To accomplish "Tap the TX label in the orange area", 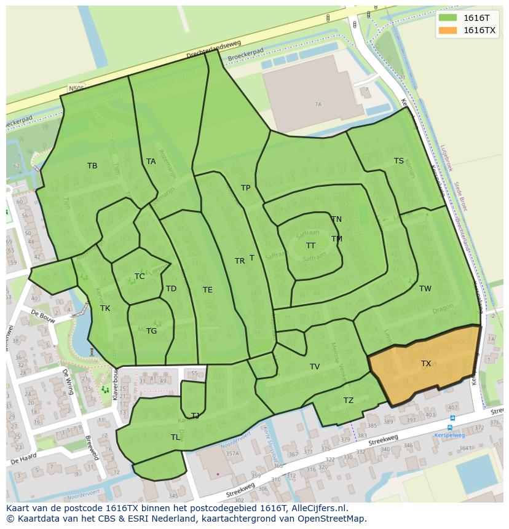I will [426, 364].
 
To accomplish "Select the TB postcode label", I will [92, 166].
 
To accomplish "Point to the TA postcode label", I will [151, 162].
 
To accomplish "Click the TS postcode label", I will [399, 161].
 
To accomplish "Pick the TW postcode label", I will [425, 289].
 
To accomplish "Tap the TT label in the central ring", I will [311, 246].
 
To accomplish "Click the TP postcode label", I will [246, 188].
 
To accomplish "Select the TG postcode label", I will [152, 331].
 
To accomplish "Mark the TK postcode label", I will [105, 308].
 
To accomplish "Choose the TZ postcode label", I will [349, 401].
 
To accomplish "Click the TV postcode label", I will [315, 367].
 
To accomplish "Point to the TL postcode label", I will [176, 437].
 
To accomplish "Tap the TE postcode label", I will [208, 290].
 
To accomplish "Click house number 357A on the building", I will [232, 454].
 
